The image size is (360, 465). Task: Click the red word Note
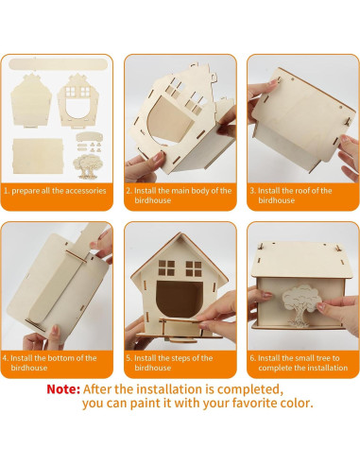coord(63,389)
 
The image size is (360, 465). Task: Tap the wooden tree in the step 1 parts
coord(88,166)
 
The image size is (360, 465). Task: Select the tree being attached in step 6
coord(301,305)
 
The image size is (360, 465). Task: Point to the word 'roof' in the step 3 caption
coord(302,191)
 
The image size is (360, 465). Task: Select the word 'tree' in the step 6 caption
coord(320,358)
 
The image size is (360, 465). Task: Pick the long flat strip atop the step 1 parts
coord(58,64)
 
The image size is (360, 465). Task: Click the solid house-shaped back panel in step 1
coord(31,100)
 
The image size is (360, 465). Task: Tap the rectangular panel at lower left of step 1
coord(38,156)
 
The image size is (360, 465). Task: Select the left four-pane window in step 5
coord(166,267)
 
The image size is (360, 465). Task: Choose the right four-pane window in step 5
coord(194,268)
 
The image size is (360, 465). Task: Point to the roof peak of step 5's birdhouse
coord(180,233)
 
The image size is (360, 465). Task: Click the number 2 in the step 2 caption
coord(129,191)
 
